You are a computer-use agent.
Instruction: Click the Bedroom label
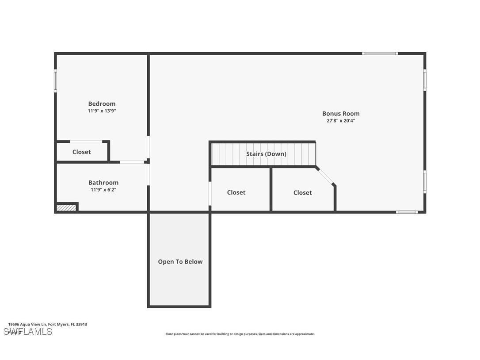102,104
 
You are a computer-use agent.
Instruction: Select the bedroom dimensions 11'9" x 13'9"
102,111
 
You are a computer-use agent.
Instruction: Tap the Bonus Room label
341,114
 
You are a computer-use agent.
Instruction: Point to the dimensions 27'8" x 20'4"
341,121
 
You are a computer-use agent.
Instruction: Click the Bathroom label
103,183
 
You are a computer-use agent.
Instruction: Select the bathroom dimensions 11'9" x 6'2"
103,190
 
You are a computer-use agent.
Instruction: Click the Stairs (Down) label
266,154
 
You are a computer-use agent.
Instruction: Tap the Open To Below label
180,262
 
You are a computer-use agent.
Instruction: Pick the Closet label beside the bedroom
82,152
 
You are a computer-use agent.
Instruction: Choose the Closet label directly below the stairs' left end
236,192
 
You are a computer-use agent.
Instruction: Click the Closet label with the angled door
303,193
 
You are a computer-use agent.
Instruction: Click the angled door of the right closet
326,176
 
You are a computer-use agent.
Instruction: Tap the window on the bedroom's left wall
56,81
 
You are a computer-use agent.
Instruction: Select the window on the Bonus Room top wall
380,54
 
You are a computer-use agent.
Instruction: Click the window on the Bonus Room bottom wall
407,212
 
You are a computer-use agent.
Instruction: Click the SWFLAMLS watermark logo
28,332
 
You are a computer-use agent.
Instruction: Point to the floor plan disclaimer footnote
240,334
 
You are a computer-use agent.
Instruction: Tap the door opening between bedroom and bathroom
132,162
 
